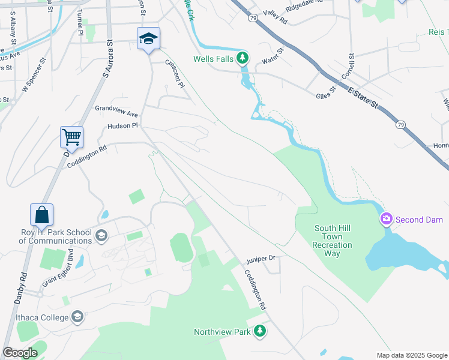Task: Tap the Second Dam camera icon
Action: (387, 219)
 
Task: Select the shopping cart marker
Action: (71, 137)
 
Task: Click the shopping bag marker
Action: (42, 214)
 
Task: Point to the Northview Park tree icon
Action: (259, 331)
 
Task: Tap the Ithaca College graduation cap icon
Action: (77, 316)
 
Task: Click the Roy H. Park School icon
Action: (101, 234)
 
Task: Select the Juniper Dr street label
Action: (259, 259)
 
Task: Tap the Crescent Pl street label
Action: (174, 73)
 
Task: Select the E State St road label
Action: (363, 98)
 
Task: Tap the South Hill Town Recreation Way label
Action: (332, 241)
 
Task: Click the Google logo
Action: (20, 353)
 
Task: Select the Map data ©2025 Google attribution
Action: (411, 355)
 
